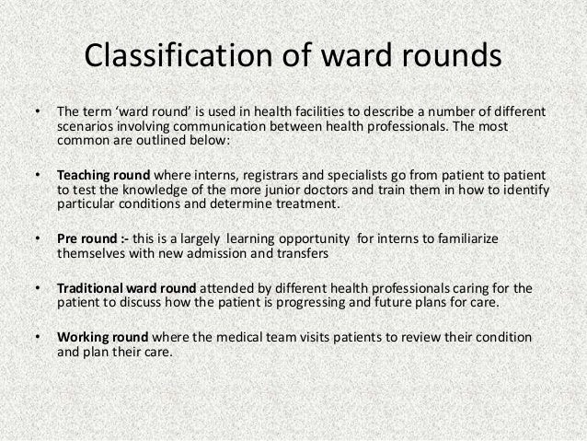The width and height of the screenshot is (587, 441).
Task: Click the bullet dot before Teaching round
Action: (x=37, y=175)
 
